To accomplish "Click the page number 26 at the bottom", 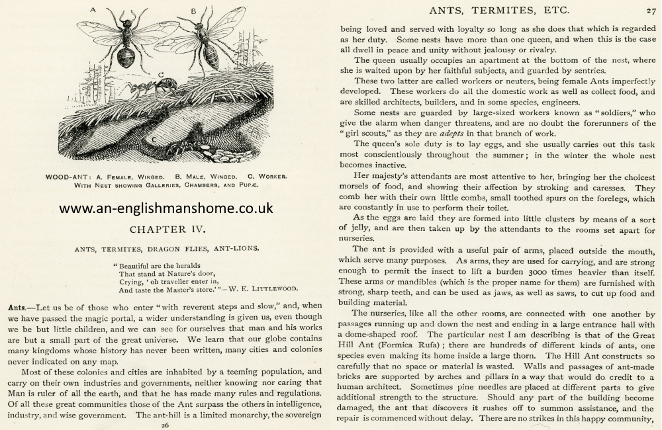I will [165, 425].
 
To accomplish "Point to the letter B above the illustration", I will [193, 11].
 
